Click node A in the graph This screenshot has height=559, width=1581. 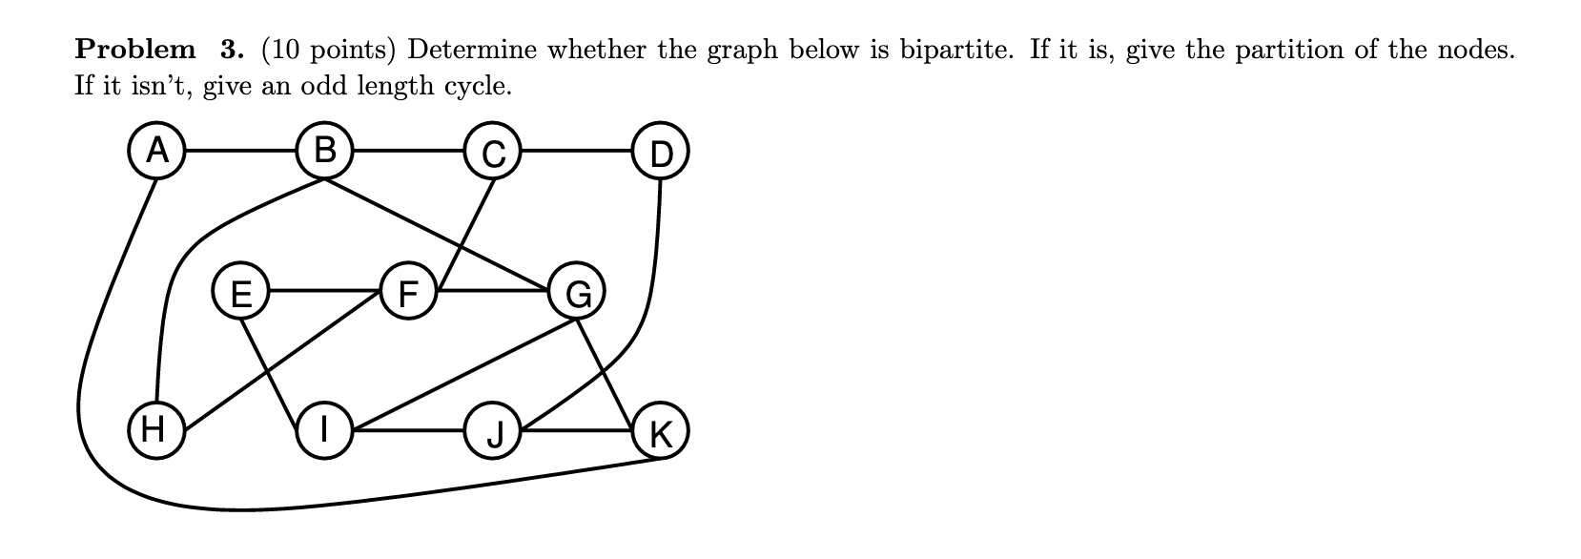click(x=156, y=151)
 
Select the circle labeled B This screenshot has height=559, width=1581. click(x=325, y=151)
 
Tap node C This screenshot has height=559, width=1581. click(x=492, y=152)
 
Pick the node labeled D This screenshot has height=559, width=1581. click(x=660, y=152)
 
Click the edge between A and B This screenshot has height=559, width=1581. click(x=240, y=151)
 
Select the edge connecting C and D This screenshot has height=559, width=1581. click(x=576, y=151)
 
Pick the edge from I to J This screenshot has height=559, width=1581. click(x=408, y=430)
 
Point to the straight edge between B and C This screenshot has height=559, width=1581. click(x=408, y=151)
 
